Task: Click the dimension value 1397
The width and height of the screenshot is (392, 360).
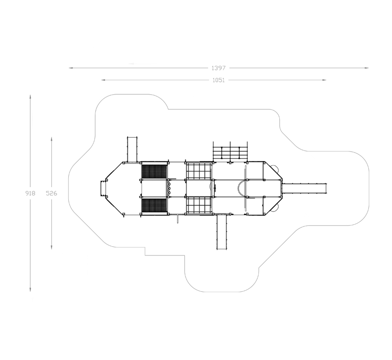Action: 219,68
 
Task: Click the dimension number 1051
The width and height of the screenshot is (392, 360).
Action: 219,80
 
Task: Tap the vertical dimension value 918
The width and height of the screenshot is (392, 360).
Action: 30,193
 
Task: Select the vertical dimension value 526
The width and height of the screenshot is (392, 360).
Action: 52,193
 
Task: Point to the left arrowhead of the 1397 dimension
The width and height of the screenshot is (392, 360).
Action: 71,68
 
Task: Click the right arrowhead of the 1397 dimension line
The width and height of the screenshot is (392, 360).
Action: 367,68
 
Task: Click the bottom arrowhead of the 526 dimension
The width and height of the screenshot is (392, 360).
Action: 52,247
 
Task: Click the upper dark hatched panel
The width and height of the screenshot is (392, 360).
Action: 154,171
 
